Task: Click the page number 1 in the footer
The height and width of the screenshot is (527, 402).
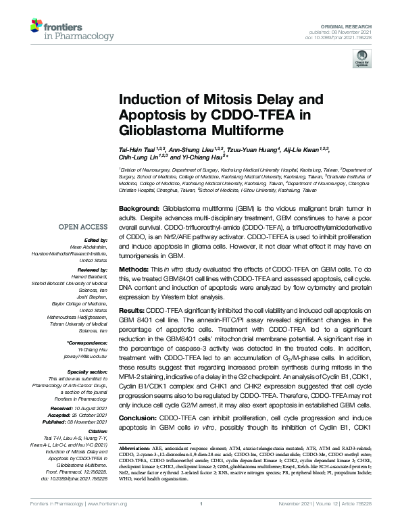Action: click(201, 522)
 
